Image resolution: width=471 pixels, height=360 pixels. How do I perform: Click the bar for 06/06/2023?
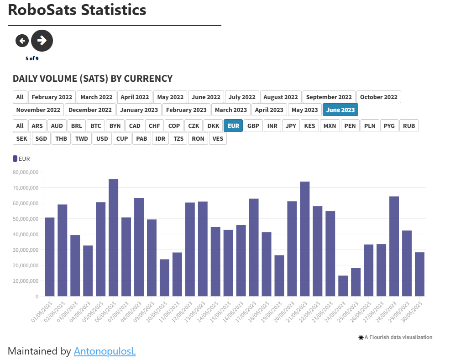(x=114, y=238)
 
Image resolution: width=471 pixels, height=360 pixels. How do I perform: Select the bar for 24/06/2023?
(x=343, y=286)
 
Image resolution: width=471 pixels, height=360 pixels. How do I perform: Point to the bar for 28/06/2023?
(x=394, y=246)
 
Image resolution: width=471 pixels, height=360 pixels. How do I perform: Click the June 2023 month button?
(x=340, y=110)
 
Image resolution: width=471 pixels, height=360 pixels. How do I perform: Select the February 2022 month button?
(x=52, y=97)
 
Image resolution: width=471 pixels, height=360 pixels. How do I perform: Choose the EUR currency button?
(x=233, y=126)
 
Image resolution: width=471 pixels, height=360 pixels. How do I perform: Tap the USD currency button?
(x=102, y=138)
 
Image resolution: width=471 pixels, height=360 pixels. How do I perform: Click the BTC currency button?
(x=95, y=126)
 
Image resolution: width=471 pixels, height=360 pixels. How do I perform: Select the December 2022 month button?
(x=90, y=110)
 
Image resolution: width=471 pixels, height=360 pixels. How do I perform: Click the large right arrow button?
(x=42, y=41)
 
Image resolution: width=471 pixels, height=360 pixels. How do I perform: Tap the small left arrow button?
(x=22, y=41)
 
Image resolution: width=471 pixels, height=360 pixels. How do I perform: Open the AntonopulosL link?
(x=105, y=351)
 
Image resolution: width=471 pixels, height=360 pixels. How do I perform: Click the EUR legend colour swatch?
(x=15, y=159)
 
